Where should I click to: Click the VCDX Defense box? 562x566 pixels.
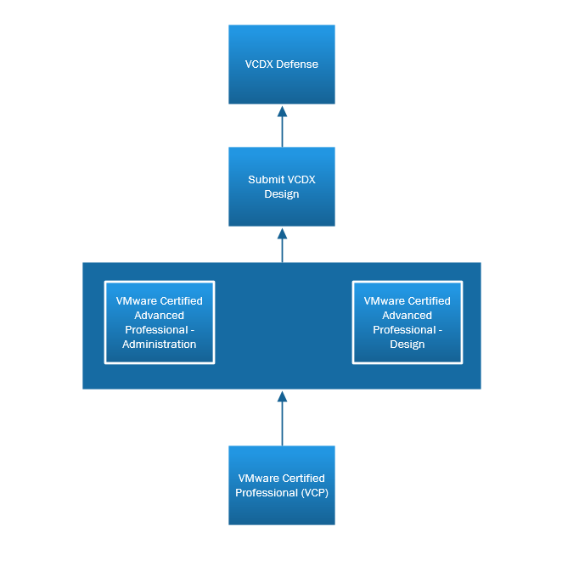tap(281, 64)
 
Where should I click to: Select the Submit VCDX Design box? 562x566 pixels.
tap(281, 187)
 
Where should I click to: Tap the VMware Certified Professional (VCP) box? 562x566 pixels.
tap(281, 485)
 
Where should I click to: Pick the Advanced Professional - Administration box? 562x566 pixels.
tap(160, 322)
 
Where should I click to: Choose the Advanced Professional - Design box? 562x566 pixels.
tap(407, 322)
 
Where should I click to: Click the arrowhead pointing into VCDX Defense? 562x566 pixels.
tap(282, 111)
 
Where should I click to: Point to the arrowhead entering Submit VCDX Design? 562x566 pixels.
tap(282, 233)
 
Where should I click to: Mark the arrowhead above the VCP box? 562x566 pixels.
tap(282, 396)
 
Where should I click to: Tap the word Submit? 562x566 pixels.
tap(265, 180)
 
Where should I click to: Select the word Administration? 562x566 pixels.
tap(160, 345)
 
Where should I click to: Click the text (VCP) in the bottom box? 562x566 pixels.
tap(313, 493)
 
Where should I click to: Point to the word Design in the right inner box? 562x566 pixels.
tap(407, 345)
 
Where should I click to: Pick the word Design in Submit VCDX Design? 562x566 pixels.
tap(281, 194)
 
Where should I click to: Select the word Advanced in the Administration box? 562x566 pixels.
tap(160, 316)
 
